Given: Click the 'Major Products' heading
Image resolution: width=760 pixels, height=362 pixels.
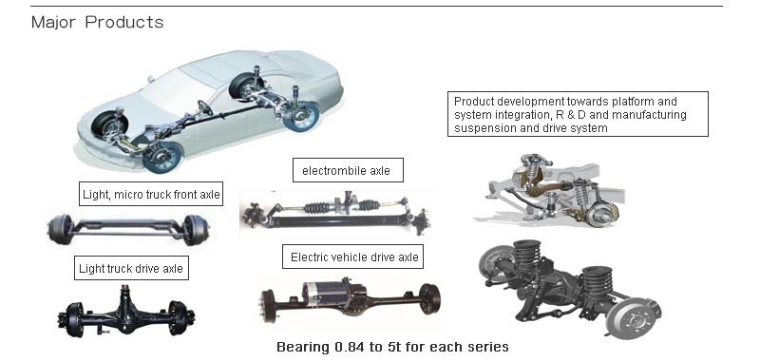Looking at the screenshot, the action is [x=98, y=22].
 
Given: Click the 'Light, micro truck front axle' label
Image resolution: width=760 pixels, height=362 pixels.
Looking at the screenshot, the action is [x=151, y=195].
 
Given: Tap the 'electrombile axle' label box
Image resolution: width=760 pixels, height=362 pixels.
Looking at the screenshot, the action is [x=348, y=170].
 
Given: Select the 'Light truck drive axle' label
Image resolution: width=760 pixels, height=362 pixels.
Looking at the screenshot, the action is [x=131, y=268].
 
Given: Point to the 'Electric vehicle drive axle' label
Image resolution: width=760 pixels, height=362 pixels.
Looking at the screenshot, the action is [x=352, y=257].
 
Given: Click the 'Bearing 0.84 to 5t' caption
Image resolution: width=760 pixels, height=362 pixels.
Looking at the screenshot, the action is [x=392, y=347].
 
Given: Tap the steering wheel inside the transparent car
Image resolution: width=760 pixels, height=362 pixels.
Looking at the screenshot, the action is [x=205, y=107].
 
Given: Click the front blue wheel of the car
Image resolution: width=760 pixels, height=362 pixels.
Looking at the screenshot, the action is [x=161, y=156].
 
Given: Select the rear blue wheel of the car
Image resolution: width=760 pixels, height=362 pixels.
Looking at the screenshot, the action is [x=301, y=116].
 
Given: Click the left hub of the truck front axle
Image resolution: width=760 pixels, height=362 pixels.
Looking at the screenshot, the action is [x=60, y=229].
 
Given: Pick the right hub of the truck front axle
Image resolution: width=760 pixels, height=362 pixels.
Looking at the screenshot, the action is [x=197, y=230].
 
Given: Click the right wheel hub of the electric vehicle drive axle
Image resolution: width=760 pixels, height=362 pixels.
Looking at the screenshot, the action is [x=429, y=298].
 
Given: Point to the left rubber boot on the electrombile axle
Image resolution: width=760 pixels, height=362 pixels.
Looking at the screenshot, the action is [x=316, y=207].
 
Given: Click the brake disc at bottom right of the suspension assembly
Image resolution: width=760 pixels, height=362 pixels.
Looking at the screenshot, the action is [x=633, y=318].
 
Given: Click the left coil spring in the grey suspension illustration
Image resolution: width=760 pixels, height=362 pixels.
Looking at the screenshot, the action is [x=533, y=171].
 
